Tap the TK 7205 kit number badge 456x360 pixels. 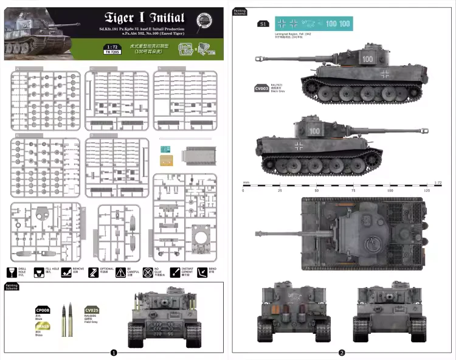click(111, 53)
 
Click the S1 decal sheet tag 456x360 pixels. click(263, 24)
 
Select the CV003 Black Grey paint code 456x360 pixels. click(261, 89)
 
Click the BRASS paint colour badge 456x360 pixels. click(43, 327)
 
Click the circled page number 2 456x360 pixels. click(342, 352)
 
